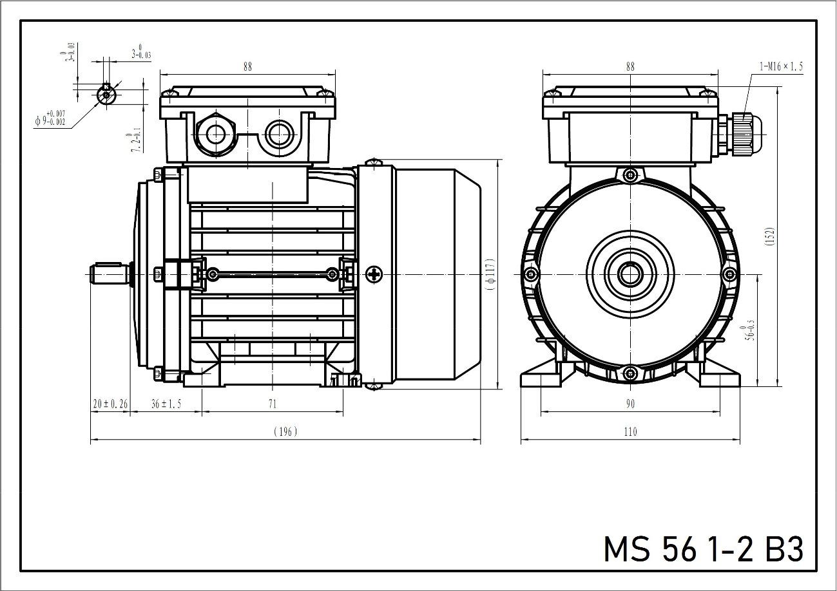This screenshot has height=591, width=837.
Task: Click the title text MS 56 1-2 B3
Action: pyautogui.click(x=703, y=549)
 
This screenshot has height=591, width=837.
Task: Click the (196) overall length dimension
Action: pyautogui.click(x=285, y=431)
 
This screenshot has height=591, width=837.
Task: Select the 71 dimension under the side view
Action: pyautogui.click(x=272, y=404)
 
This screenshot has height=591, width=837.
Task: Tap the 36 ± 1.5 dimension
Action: pyautogui.click(x=166, y=404)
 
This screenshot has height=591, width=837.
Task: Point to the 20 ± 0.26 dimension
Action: pyautogui.click(x=110, y=404)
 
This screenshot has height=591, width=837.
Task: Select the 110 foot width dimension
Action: pyautogui.click(x=630, y=431)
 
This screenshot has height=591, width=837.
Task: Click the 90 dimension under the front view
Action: pyautogui.click(x=630, y=404)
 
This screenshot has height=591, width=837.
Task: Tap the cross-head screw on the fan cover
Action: pyautogui.click(x=374, y=275)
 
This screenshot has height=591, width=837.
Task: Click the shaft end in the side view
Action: pyautogui.click(x=108, y=275)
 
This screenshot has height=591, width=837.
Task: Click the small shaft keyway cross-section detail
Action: pyautogui.click(x=106, y=95)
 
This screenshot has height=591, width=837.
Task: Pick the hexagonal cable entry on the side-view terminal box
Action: pyautogui.click(x=213, y=134)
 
